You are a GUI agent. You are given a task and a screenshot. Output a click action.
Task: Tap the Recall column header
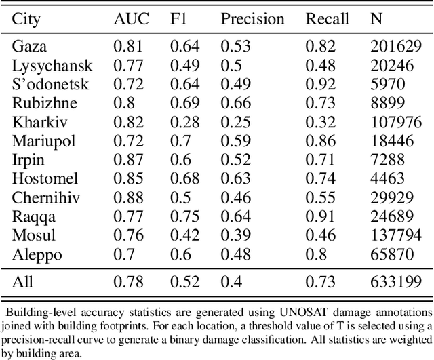click(x=328, y=18)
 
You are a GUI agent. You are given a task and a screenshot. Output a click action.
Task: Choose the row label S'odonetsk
click(x=47, y=85)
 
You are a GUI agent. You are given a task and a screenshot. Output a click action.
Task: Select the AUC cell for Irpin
click(x=127, y=161)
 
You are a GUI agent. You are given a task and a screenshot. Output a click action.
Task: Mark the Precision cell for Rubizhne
click(x=235, y=104)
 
